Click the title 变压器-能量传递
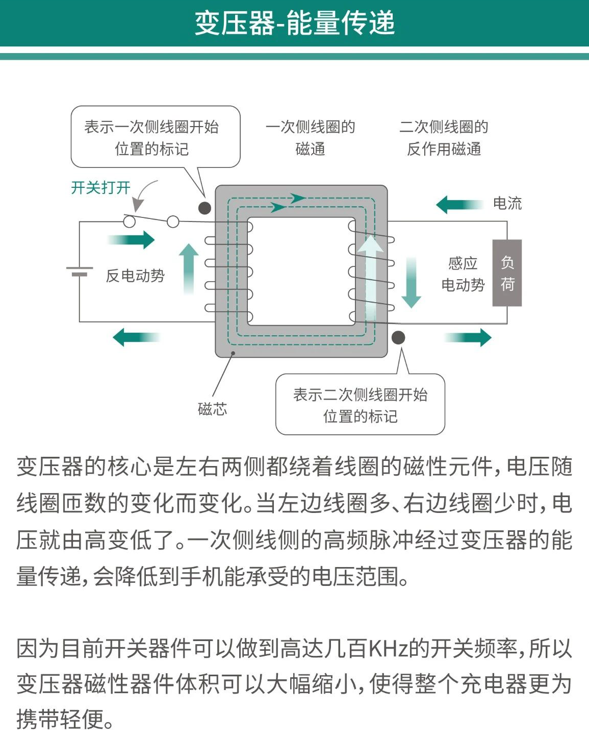pos(295,23)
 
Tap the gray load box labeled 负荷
pos(506,273)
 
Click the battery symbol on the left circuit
pos(79,271)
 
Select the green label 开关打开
pos(100,188)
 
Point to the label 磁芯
pos(212,408)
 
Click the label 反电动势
pos(135,276)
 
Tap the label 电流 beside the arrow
pos(507,203)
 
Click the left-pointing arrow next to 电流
pos(459,205)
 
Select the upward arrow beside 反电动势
pos(189,268)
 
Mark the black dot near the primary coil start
pos(204,208)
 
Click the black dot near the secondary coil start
pos(398,337)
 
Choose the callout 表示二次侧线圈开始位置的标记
pos(360,405)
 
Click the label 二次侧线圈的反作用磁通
pos(444,138)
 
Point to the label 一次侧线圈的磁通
pos(310,138)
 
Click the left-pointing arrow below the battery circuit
pos(136,337)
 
